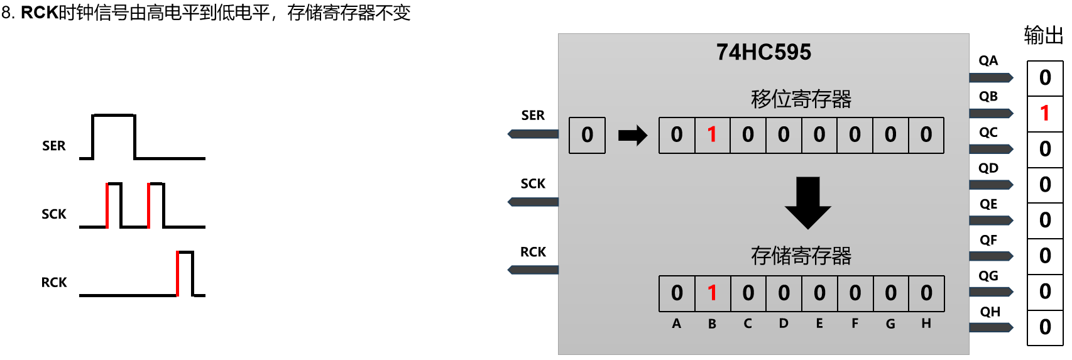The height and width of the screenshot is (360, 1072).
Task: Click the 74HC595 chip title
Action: pos(763,52)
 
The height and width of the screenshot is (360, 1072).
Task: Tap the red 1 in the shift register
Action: pos(712,134)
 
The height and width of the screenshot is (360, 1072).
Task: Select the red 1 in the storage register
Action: pos(712,293)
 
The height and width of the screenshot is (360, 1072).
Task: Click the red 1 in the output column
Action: pos(1044,113)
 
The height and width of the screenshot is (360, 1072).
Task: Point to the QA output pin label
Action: pos(988,61)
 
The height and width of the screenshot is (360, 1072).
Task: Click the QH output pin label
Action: pos(990,312)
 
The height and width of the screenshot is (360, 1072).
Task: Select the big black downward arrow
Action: pos(808,202)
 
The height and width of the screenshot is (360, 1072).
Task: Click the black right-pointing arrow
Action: pos(632,135)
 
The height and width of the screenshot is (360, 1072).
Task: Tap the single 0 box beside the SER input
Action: pos(587,135)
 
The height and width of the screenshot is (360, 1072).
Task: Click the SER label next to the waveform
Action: pos(54,146)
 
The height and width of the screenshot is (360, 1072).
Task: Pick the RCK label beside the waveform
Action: pos(54,283)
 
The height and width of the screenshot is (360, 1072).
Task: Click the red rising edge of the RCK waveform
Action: pos(178,273)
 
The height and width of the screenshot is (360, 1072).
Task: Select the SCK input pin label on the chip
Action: pos(533,183)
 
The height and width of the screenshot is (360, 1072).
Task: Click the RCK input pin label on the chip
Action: pos(533,252)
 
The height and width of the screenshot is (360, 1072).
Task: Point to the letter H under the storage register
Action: pos(926,324)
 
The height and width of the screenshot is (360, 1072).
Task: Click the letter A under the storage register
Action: pos(676,324)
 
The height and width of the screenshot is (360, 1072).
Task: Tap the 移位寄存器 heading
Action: pos(801,99)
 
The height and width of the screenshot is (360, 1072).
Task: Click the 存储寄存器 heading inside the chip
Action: pos(801,256)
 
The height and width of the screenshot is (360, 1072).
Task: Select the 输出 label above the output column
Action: pos(1043,35)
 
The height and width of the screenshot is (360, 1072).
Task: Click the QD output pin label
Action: pos(988,168)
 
